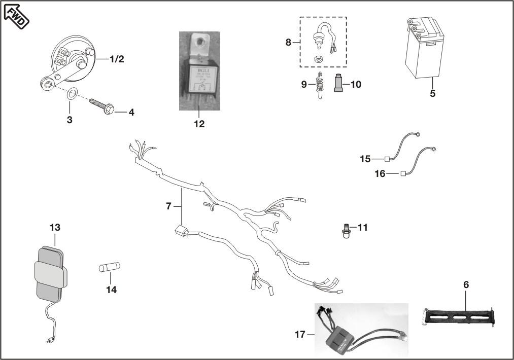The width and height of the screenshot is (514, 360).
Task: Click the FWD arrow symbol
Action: click(17, 15)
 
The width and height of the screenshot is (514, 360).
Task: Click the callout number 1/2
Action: click(117, 59)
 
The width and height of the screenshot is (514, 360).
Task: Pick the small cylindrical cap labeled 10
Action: click(339, 83)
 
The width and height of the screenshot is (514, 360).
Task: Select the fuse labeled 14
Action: click(109, 267)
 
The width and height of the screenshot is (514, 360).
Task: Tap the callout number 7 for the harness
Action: click(169, 206)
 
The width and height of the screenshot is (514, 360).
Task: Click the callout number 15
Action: click(365, 159)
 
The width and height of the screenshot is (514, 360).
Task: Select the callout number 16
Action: click(380, 173)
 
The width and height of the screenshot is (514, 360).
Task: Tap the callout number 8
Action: click(288, 42)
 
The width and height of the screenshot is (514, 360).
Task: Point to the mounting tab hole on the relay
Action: click(200, 41)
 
